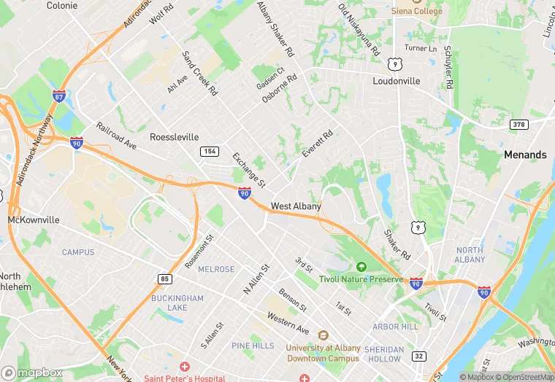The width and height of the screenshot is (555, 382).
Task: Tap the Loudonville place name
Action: pos(397,81)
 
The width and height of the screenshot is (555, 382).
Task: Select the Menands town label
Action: pos(525,155)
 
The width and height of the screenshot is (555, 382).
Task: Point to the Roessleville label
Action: pos(174,136)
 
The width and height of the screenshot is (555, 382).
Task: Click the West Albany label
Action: pos(296,206)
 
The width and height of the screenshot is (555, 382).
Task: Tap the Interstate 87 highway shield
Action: pos(59,95)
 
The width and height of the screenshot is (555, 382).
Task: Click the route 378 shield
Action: pos(518,124)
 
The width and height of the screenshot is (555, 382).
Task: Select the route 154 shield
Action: pos(209,150)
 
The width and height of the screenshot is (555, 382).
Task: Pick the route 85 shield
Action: pos(164,278)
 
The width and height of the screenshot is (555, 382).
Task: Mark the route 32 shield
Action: pos(418,356)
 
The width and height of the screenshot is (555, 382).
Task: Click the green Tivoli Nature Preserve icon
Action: pos(360,268)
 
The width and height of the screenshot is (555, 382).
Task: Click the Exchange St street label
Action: pos(248,168)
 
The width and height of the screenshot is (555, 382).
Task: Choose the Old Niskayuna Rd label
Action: pos(359,30)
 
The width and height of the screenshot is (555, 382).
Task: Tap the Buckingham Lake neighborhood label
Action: pos(177,303)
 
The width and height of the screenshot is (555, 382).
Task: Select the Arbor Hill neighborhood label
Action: pos(396,327)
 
